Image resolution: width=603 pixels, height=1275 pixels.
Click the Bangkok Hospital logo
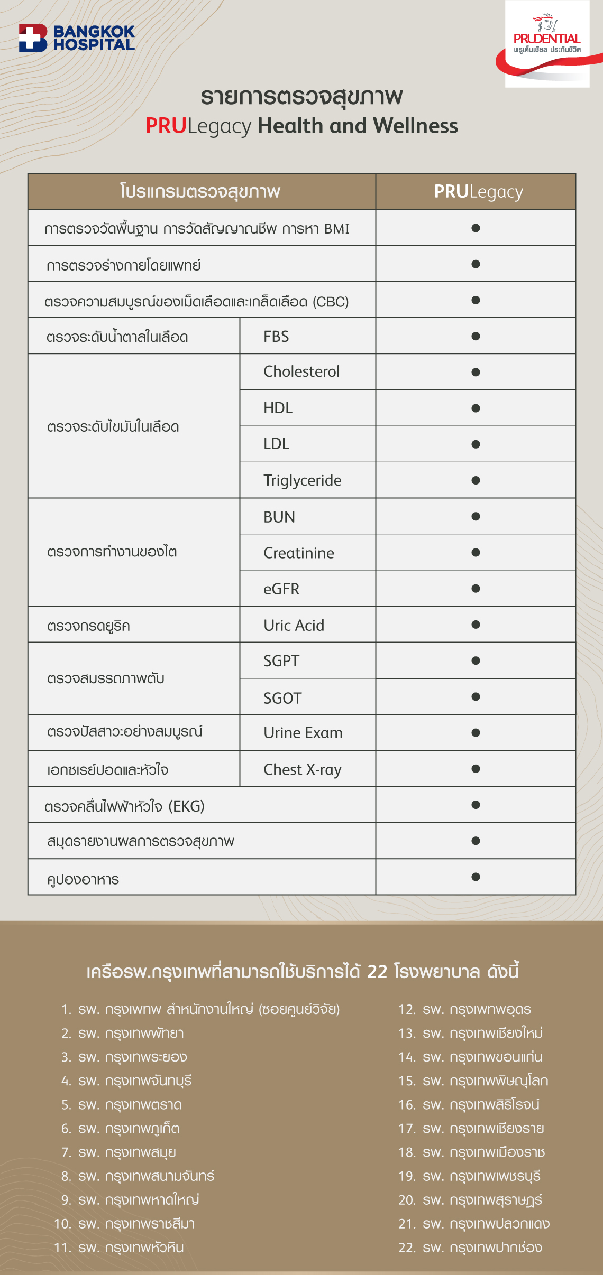77,38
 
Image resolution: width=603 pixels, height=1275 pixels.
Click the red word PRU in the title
166,126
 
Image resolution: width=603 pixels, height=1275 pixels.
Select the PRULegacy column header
478,192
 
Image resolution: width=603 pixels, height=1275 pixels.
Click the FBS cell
277,337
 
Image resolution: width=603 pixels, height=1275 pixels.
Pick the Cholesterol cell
301,372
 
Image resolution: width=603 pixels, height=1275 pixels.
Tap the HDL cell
278,408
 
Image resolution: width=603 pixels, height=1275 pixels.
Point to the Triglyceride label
303,480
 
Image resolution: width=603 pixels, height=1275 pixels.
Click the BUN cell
279,517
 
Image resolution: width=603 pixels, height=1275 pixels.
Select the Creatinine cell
299,553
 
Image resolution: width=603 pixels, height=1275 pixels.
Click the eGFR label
281,589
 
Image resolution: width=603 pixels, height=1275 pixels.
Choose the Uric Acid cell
294,626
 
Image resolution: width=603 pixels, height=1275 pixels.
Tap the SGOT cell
282,698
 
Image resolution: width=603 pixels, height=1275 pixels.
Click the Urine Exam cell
303,733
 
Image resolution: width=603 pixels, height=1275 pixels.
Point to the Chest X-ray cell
303,770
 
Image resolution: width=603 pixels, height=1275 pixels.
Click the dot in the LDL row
476,444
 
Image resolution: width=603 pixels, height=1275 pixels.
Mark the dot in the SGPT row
476,660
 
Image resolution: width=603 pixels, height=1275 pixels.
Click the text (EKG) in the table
187,806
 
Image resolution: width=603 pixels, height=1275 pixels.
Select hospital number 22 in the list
470,1248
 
